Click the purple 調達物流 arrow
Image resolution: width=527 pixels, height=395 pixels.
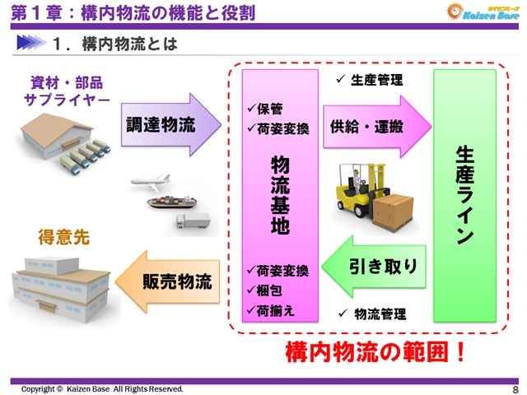(x=169, y=124)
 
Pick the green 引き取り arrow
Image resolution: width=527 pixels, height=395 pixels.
(x=376, y=267)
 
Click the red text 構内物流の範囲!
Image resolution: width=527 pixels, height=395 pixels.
(x=375, y=352)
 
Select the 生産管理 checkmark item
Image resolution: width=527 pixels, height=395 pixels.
(x=370, y=80)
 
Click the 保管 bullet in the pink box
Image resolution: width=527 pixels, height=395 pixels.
(x=265, y=107)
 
